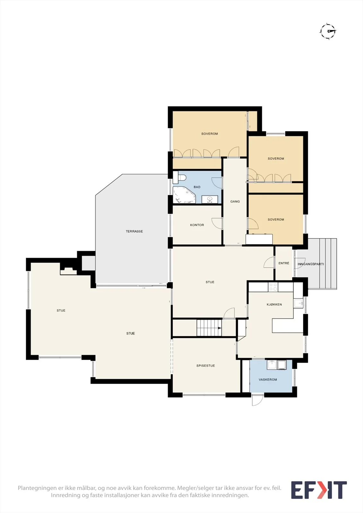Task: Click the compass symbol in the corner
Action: pyautogui.click(x=328, y=31)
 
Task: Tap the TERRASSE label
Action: pyautogui.click(x=134, y=231)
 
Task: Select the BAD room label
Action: pyautogui.click(x=197, y=187)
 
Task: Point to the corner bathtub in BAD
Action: pyautogui.click(x=184, y=195)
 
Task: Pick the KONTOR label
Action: pyautogui.click(x=197, y=225)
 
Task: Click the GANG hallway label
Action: pyautogui.click(x=235, y=202)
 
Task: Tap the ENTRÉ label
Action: pyautogui.click(x=284, y=263)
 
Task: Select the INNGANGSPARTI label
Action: pyautogui.click(x=311, y=264)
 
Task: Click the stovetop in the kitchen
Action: pyautogui.click(x=273, y=287)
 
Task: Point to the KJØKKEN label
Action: pyautogui.click(x=274, y=304)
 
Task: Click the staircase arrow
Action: pyautogui.click(x=220, y=328)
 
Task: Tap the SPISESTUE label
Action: pyautogui.click(x=206, y=366)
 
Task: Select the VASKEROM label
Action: pyautogui.click(x=268, y=380)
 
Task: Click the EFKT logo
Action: pyautogui.click(x=319, y=490)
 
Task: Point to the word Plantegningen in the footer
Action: pyautogui.click(x=37, y=488)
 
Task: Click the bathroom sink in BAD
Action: pyautogui.click(x=210, y=199)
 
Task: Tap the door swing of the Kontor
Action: pyautogui.click(x=217, y=223)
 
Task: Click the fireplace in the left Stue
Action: pyautogui.click(x=68, y=271)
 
